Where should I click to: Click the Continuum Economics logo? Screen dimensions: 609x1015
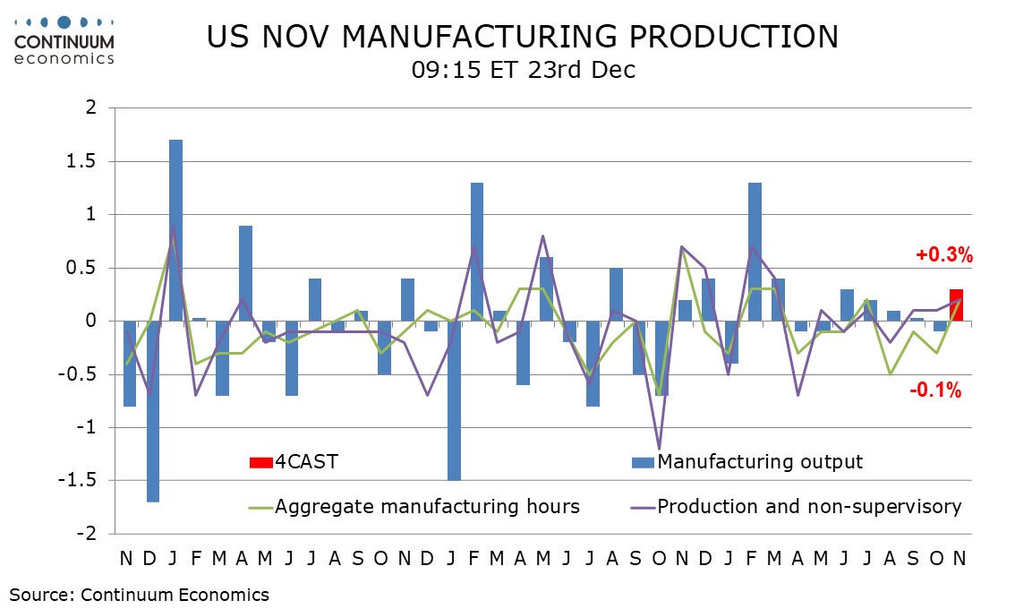point(64,39)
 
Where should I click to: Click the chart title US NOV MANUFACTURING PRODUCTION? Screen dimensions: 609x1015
point(523,37)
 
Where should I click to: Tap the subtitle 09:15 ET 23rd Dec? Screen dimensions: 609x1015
point(523,70)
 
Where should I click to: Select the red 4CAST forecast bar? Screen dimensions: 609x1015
point(956,305)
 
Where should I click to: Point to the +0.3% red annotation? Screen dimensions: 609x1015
point(943,255)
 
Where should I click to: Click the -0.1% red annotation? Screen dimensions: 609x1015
point(935,390)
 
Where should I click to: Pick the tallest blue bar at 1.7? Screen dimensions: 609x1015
point(175,230)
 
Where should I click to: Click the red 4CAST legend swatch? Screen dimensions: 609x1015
point(260,462)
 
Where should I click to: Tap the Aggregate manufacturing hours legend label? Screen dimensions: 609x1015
point(427,507)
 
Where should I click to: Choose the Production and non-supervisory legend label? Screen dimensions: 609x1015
point(809,507)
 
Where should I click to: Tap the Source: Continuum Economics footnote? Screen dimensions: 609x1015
point(140,594)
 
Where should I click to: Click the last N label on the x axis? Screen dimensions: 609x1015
point(957,558)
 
